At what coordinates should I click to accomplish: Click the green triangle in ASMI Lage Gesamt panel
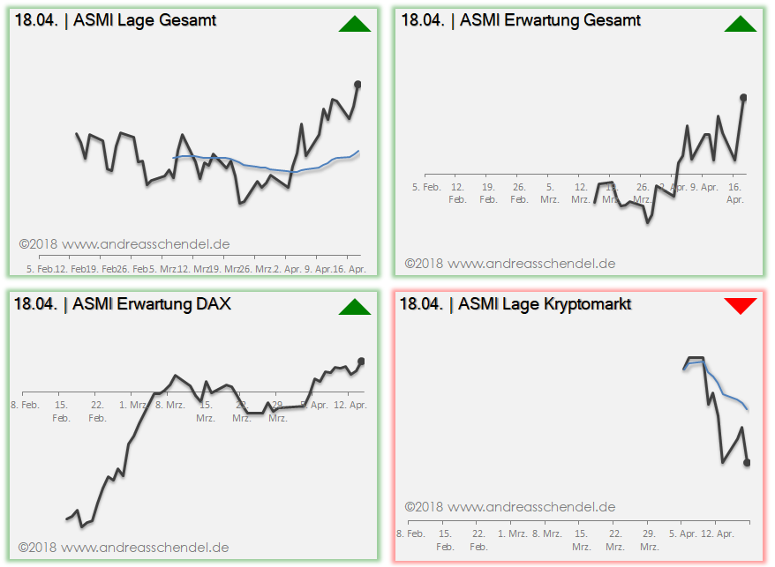[x=355, y=25]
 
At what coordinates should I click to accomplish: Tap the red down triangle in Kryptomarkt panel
[x=741, y=306]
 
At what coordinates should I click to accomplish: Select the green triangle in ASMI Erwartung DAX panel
[x=355, y=307]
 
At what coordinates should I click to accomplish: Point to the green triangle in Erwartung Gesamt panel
[x=741, y=25]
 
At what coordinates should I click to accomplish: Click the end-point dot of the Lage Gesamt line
[x=357, y=85]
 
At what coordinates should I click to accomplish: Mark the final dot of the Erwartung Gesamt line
[x=743, y=97]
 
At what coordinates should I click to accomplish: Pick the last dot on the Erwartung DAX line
[x=360, y=362]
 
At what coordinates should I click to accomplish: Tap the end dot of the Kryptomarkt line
[x=747, y=462]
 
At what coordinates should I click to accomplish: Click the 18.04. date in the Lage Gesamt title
[x=36, y=20]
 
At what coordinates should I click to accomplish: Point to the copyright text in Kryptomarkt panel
[x=510, y=507]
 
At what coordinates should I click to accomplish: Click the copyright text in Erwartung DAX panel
[x=124, y=548]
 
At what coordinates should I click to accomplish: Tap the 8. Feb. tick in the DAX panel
[x=25, y=405]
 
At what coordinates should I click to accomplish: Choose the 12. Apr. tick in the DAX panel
[x=351, y=405]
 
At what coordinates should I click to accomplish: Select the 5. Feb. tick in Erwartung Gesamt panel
[x=426, y=187]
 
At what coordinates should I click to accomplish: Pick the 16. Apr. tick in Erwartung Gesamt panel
[x=735, y=193]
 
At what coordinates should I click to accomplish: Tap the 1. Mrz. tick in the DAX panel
[x=133, y=405]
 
